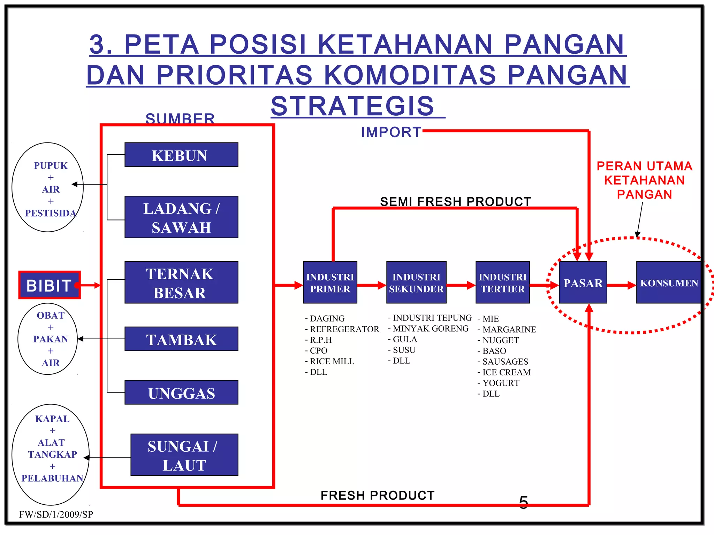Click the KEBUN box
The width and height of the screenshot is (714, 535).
click(181, 155)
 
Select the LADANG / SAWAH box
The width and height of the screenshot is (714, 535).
click(181, 217)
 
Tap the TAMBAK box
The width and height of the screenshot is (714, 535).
click(181, 339)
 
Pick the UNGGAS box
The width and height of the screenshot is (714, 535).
click(181, 393)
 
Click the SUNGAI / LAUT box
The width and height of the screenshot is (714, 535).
click(184, 455)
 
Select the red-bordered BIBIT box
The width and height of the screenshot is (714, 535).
click(50, 285)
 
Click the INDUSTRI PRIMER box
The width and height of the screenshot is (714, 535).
click(330, 282)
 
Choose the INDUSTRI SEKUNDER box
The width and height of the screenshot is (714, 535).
click(416, 282)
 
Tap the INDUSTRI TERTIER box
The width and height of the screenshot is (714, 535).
click(502, 282)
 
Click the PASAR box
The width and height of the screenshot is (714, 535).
click(583, 282)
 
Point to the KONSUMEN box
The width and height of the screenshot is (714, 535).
click(669, 282)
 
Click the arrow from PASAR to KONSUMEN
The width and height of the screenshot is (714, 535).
click(621, 285)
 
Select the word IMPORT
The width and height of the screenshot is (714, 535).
click(391, 132)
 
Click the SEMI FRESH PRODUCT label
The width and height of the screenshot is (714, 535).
click(455, 201)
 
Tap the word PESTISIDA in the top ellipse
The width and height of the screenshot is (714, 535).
click(51, 213)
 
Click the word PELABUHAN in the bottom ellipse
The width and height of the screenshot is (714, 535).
click(52, 478)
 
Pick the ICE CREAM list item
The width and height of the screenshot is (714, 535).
click(506, 372)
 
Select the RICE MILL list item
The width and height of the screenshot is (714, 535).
click(332, 362)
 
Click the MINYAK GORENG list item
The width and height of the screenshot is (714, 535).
click(430, 329)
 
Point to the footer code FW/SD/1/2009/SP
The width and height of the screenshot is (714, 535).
click(56, 514)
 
